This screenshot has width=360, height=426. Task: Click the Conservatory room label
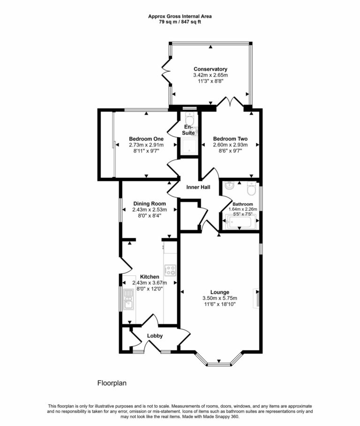coord(210,69)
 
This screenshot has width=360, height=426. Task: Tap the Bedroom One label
coord(146,139)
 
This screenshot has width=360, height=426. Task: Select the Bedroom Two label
coord(230,139)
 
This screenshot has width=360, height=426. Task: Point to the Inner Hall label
coord(198,188)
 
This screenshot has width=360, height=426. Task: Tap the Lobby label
coord(155,336)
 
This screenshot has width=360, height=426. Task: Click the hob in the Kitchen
coord(170,270)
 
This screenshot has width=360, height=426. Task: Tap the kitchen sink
coord(128,300)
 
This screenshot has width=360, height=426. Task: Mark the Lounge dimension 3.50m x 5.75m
coord(219,298)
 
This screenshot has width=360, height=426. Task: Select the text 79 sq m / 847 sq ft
coord(180,22)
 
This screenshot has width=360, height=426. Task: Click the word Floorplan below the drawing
coord(112,383)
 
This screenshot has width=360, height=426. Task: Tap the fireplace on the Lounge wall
coord(256,298)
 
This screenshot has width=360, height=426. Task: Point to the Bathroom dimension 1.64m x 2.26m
coord(243,209)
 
